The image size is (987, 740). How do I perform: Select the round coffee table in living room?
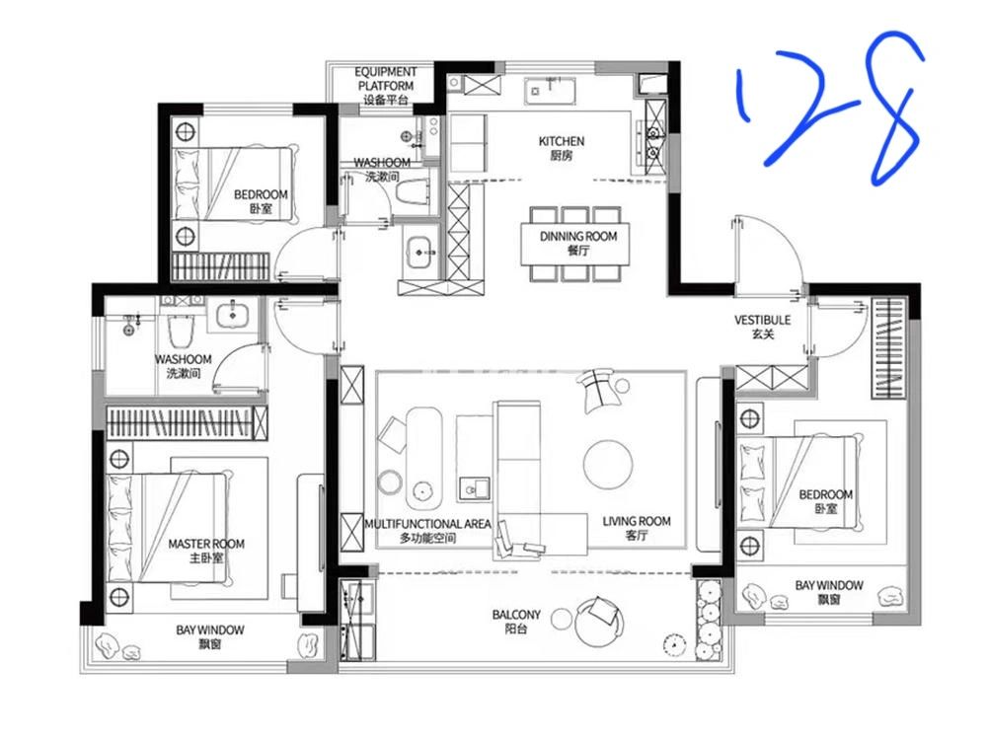[x=607, y=464]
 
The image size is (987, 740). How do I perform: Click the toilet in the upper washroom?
[x=413, y=192]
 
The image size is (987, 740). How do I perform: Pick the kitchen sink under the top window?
[x=550, y=91]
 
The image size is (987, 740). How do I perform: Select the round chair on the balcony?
[x=598, y=621]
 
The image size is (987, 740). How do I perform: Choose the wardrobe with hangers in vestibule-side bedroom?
[x=889, y=348]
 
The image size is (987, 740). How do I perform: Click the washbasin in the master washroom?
[x=232, y=315]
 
